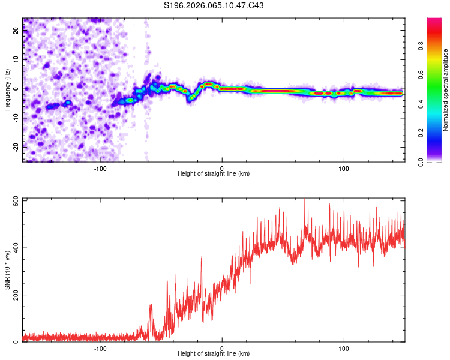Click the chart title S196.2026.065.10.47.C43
coord(214,5)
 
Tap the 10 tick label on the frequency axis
coord(16,59)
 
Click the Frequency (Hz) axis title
coord(7,89)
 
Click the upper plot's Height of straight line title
coord(214,174)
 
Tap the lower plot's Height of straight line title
coord(214,354)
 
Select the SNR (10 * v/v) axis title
coord(7,270)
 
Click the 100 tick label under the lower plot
coord(344,348)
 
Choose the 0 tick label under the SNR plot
coord(222,348)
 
